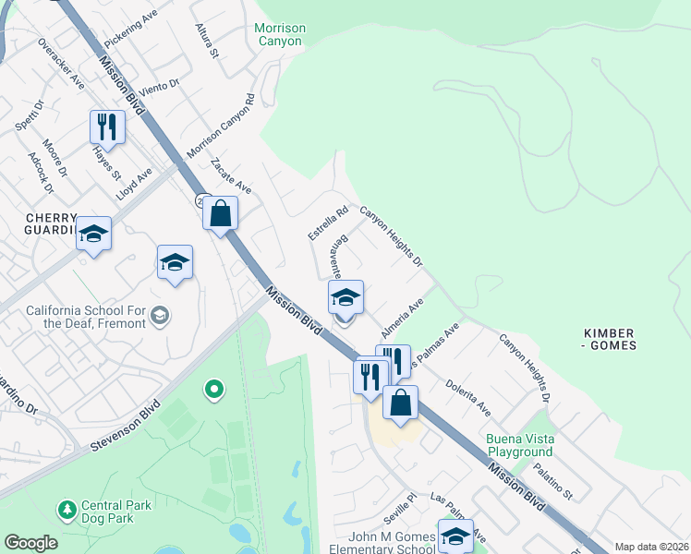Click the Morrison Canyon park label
(279, 34)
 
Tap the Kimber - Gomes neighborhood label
(611, 339)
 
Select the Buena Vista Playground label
(520, 445)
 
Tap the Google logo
(30, 543)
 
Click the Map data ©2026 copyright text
(652, 547)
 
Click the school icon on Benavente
(345, 297)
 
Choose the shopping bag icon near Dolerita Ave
(400, 403)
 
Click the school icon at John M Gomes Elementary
(455, 536)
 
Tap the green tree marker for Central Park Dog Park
(67, 509)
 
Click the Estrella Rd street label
(329, 223)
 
